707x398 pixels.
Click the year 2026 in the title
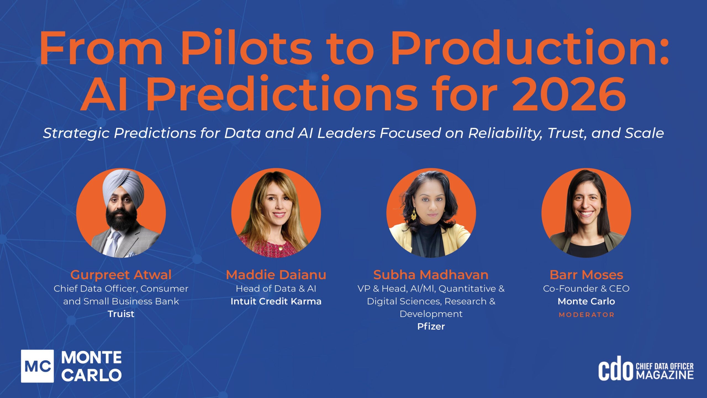pyautogui.click(x=569, y=93)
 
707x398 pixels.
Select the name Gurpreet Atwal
pyautogui.click(x=121, y=275)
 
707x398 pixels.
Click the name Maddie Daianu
pyautogui.click(x=276, y=275)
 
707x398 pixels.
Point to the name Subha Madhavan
pyautogui.click(x=431, y=275)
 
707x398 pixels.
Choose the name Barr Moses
pyautogui.click(x=586, y=275)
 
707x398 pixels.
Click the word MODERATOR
pyautogui.click(x=586, y=315)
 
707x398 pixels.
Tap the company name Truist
pyautogui.click(x=121, y=314)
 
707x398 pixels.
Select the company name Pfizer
pyautogui.click(x=431, y=326)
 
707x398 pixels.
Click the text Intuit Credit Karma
pyautogui.click(x=276, y=301)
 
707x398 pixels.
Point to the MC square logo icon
pyautogui.click(x=38, y=366)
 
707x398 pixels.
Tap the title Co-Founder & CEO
pyautogui.click(x=586, y=289)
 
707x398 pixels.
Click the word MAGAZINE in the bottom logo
pyautogui.click(x=665, y=375)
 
